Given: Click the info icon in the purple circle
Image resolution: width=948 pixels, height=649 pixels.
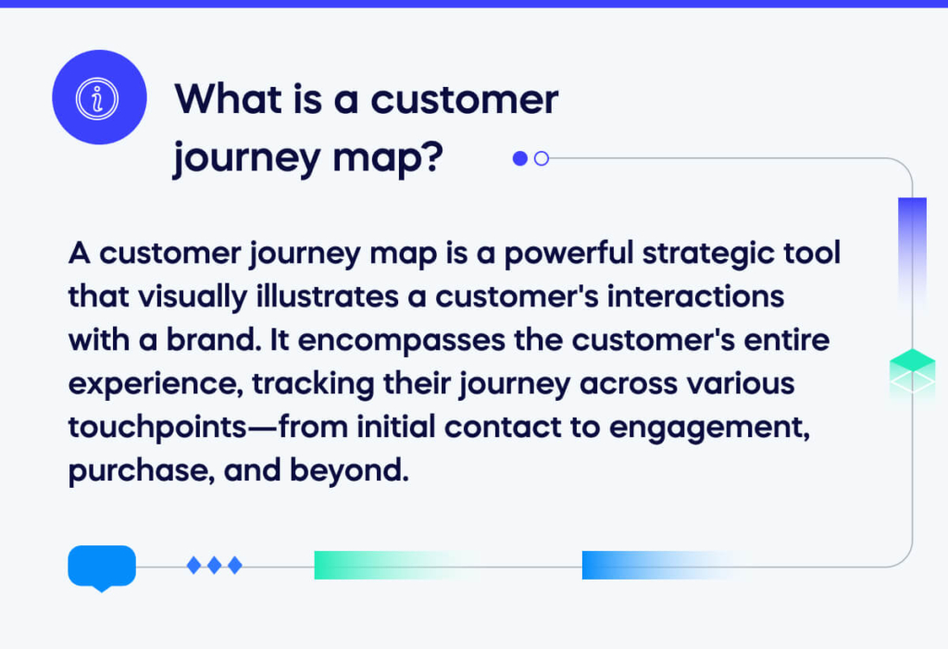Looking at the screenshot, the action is click(96, 98).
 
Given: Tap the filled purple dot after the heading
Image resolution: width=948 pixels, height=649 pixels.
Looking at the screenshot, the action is click(520, 158).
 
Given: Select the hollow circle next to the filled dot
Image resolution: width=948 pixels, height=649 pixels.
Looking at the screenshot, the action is click(542, 158).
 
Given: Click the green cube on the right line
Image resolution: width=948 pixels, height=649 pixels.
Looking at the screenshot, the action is click(912, 371).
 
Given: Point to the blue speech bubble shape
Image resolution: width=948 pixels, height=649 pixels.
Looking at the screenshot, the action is click(102, 568).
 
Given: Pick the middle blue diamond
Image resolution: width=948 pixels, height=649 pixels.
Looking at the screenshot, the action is click(214, 566).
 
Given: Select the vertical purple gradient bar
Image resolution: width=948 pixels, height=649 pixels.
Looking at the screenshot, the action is click(912, 254).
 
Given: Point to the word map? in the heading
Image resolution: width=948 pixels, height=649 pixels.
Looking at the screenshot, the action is click(388, 158).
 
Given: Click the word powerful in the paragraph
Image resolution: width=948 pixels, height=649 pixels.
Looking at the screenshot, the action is click(568, 254).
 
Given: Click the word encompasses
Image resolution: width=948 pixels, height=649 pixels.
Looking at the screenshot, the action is click(402, 341).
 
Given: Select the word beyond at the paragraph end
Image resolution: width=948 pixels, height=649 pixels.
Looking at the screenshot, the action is click(349, 470).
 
